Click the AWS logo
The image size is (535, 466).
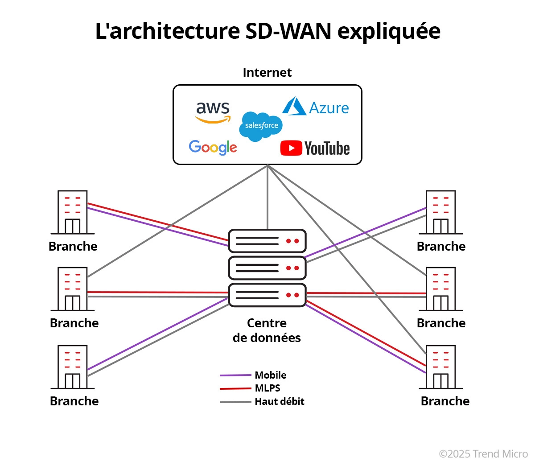click(213, 111)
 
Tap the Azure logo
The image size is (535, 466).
click(316, 107)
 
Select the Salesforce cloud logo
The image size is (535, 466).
click(261, 126)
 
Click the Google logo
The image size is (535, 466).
click(213, 147)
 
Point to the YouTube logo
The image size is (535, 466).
click(315, 148)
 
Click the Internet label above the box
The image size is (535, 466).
click(267, 73)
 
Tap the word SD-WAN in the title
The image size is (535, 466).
click(288, 31)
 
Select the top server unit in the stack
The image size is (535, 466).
click(267, 241)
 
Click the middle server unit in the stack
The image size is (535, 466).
click(267, 268)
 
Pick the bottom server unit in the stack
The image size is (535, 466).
click(267, 295)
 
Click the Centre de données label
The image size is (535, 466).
click(267, 330)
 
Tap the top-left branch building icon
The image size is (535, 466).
click(73, 212)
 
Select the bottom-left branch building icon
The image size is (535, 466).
click(73, 367)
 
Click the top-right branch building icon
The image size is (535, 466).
click(441, 212)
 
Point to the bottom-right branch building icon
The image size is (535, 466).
click(441, 367)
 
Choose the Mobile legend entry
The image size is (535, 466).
click(270, 375)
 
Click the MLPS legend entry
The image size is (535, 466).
click(267, 388)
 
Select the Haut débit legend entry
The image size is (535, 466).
click(279, 401)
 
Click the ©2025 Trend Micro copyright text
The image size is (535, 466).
click(483, 454)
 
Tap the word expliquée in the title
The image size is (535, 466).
click(389, 31)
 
